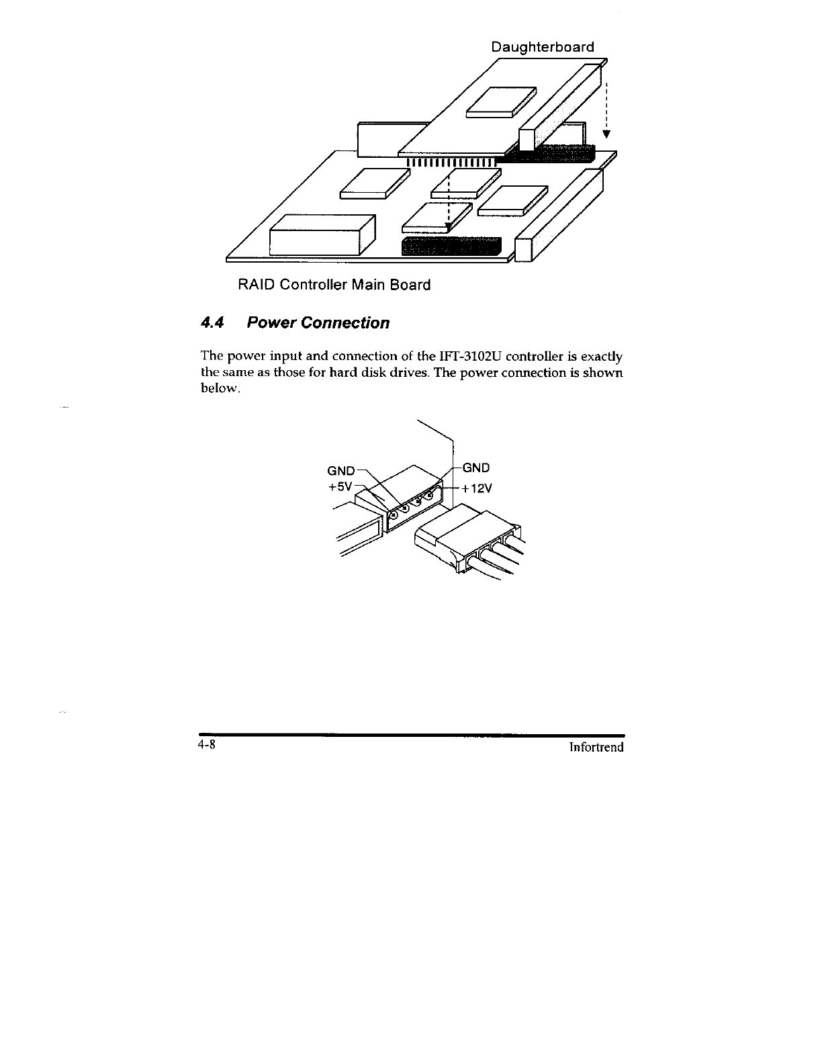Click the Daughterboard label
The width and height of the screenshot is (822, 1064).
tap(543, 47)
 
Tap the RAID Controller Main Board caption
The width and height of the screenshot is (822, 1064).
tap(334, 285)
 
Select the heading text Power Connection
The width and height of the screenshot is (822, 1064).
tap(318, 323)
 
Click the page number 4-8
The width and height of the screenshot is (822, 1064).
tap(205, 746)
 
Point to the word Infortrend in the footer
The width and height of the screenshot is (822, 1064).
tap(596, 747)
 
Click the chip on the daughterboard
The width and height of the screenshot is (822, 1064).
tap(502, 101)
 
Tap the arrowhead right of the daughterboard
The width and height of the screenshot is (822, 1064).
tap(606, 133)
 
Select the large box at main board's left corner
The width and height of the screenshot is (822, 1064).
tap(322, 234)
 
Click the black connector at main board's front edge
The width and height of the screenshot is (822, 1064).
tap(451, 247)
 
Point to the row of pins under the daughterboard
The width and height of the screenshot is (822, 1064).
tap(451, 162)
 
